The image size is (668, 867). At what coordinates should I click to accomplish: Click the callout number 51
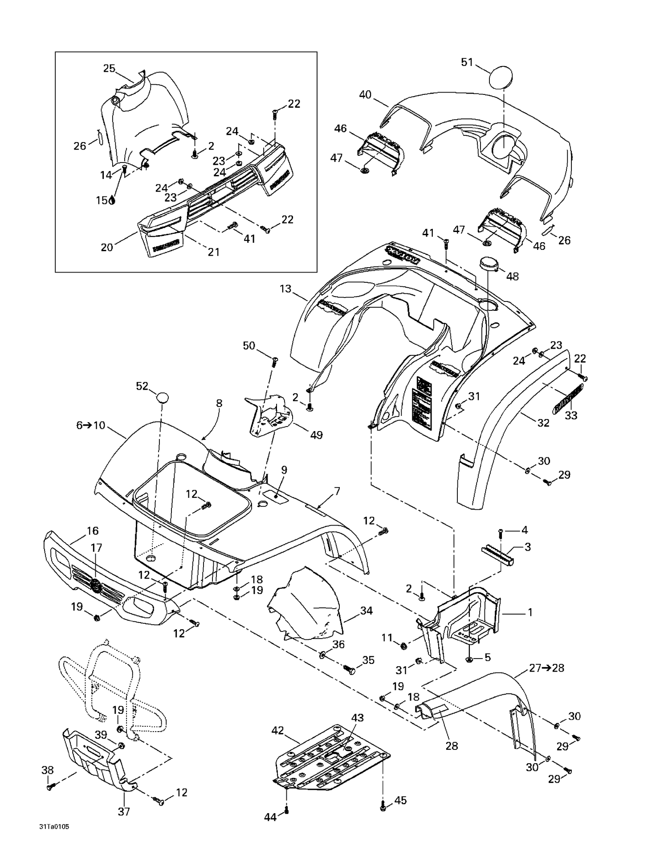click(x=467, y=62)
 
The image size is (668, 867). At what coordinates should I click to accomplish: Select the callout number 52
click(x=142, y=386)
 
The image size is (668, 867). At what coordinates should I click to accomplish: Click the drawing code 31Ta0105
click(x=54, y=827)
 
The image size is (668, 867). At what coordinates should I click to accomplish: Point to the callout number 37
click(x=124, y=812)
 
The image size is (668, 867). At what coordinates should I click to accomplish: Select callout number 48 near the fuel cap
click(x=512, y=276)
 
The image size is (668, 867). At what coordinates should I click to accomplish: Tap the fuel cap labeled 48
click(x=489, y=263)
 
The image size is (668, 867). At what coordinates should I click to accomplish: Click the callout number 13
click(x=285, y=289)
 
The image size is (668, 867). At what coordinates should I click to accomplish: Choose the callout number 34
click(x=366, y=611)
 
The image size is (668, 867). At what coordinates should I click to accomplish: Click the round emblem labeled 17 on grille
click(x=95, y=586)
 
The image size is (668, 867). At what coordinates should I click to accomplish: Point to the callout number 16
click(x=93, y=531)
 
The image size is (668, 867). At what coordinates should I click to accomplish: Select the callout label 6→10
click(x=90, y=425)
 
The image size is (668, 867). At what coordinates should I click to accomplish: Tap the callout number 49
click(x=316, y=435)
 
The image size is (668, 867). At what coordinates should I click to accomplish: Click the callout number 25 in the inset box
click(x=109, y=68)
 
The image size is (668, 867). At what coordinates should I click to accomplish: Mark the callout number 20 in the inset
click(x=107, y=247)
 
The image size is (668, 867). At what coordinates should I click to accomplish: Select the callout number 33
click(x=571, y=415)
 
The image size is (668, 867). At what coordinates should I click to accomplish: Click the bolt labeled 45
click(x=383, y=805)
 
